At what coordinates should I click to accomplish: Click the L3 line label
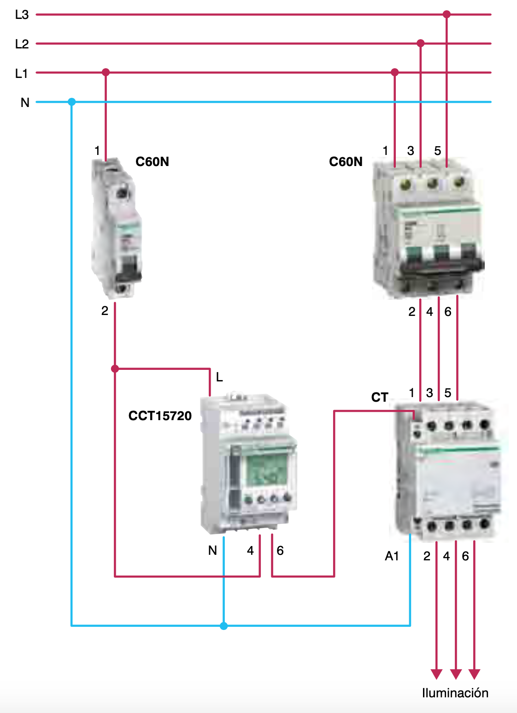coord(22,15)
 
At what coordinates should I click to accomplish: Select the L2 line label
coord(22,44)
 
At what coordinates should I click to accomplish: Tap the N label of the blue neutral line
coord(25,102)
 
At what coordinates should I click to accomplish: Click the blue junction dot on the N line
coord(72,102)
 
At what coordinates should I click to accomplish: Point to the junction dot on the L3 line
coord(447,14)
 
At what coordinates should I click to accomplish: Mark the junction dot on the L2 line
coord(421,43)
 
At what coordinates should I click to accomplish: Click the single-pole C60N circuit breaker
coord(117,228)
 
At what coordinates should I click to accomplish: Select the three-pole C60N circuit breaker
coord(428,228)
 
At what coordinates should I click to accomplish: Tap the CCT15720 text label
coord(160,416)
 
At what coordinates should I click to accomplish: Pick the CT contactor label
coord(380,397)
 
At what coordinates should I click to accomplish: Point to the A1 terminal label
coord(392,556)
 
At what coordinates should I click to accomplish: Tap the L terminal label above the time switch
coord(219,377)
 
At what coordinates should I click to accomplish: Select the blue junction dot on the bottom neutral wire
coord(224,626)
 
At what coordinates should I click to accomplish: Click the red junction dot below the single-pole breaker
coord(115,369)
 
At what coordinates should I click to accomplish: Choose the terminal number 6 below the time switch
coord(280,551)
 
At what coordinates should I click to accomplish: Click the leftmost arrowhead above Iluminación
coord(436,674)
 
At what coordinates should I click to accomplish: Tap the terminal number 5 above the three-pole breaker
coord(438,150)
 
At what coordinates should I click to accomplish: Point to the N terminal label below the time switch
coord(212,550)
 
